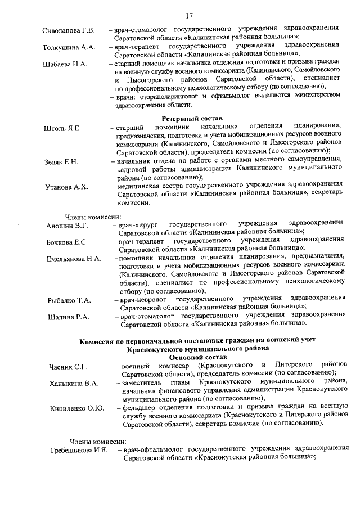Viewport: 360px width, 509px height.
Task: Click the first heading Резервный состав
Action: pos(192,119)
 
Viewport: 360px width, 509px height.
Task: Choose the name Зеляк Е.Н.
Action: pos(62,163)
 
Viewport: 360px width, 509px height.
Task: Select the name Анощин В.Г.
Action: pos(67,226)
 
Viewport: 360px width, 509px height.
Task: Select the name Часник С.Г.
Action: pos(66,367)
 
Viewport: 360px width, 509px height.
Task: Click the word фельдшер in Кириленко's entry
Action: pos(138,408)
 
